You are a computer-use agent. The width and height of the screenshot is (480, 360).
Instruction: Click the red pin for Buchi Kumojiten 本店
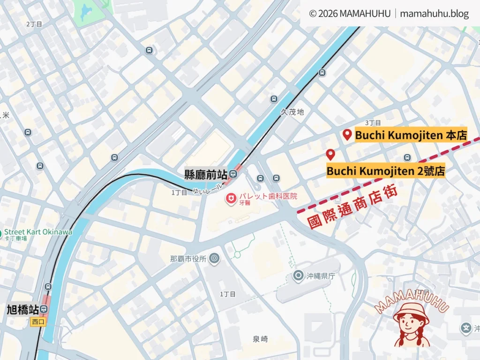tap(347, 135)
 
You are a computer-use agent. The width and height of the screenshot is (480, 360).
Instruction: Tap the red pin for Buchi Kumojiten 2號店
tap(330, 154)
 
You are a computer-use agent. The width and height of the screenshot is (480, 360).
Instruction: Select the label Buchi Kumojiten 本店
tap(411, 135)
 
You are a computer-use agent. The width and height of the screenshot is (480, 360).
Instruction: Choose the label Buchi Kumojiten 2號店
tap(385, 171)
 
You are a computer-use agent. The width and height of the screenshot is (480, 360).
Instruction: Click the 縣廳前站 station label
tap(206, 175)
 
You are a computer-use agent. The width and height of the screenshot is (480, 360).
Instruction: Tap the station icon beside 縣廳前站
tap(233, 175)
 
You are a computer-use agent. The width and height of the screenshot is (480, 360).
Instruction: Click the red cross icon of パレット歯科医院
tap(231, 199)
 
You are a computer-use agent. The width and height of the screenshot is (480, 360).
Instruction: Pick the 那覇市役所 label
tap(188, 258)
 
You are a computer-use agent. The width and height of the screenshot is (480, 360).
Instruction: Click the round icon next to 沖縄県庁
tap(298, 276)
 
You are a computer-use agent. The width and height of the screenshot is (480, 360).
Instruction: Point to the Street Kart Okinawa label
tap(38, 232)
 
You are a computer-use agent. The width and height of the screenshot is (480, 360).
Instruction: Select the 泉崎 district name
tap(260, 338)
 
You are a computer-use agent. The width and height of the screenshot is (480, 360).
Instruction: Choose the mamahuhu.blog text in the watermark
tap(434, 14)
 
